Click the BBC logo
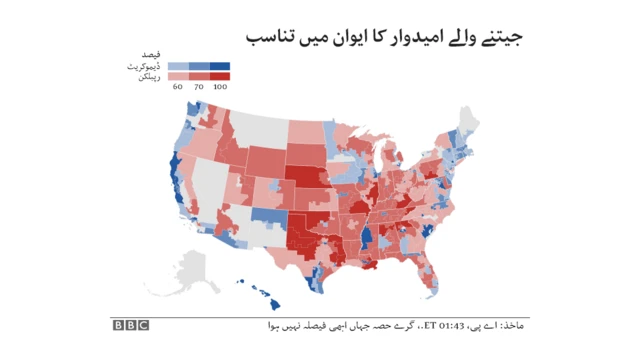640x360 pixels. (x=131, y=324)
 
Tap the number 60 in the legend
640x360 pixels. (x=176, y=87)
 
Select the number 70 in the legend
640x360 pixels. (x=198, y=87)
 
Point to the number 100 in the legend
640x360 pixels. (x=221, y=87)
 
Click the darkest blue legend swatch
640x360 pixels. (x=221, y=66)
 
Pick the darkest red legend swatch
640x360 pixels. (x=221, y=76)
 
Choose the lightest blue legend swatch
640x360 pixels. (x=177, y=66)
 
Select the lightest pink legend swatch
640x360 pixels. (x=177, y=76)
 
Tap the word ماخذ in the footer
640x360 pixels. (x=512, y=326)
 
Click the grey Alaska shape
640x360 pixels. (x=191, y=270)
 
